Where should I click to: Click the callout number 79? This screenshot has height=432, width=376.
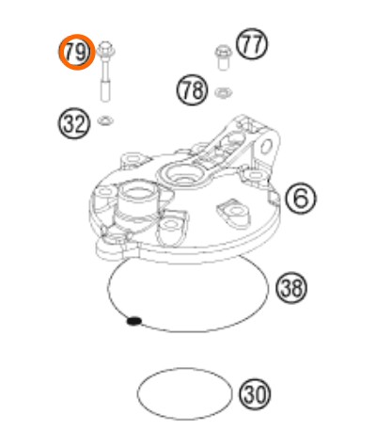76,53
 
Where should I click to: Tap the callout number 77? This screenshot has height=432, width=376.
252,44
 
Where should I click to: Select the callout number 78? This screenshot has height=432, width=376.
193,89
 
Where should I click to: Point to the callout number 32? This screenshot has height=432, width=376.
73,123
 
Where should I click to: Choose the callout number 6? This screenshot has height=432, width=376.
301,199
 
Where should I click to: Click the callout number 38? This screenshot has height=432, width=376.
291,288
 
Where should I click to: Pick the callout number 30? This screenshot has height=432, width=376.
255,394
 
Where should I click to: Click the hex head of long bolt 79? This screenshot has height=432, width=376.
105,50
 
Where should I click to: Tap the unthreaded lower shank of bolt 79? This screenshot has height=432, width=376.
105,90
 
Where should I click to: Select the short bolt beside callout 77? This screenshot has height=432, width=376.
222,57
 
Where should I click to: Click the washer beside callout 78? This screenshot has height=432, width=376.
223,92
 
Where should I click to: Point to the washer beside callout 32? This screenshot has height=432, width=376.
105,120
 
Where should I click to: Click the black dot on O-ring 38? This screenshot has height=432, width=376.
133,321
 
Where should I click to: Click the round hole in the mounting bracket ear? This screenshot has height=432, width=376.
266,147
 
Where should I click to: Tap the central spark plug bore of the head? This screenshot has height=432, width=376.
182,175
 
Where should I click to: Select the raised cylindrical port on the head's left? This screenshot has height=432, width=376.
138,200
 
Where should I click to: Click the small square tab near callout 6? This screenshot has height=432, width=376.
274,197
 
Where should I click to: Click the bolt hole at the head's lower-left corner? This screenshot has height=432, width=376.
112,240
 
